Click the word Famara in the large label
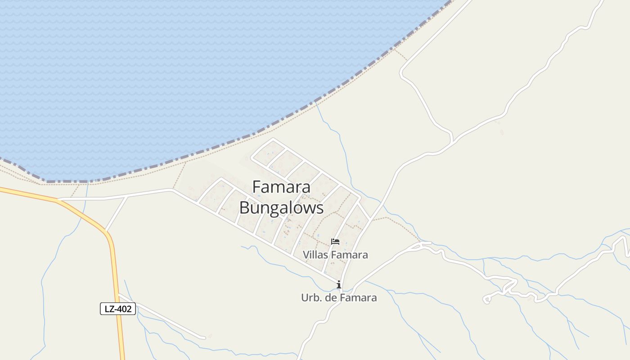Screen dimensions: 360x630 point(281,187)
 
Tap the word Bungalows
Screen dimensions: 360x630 point(281,208)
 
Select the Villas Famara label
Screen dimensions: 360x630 point(335,255)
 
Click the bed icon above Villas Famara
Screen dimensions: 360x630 point(335,242)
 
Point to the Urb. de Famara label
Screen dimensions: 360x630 point(339,298)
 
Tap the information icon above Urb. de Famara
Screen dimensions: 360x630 point(339,284)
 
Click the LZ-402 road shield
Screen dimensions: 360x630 point(117,309)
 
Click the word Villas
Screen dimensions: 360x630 point(316,255)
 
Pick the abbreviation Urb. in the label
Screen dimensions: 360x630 point(310,298)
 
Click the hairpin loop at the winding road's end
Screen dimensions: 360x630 point(486,299)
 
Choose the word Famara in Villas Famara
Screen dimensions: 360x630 point(349,255)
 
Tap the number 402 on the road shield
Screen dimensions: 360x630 point(125,309)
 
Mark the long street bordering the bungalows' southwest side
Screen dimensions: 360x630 point(252,234)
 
